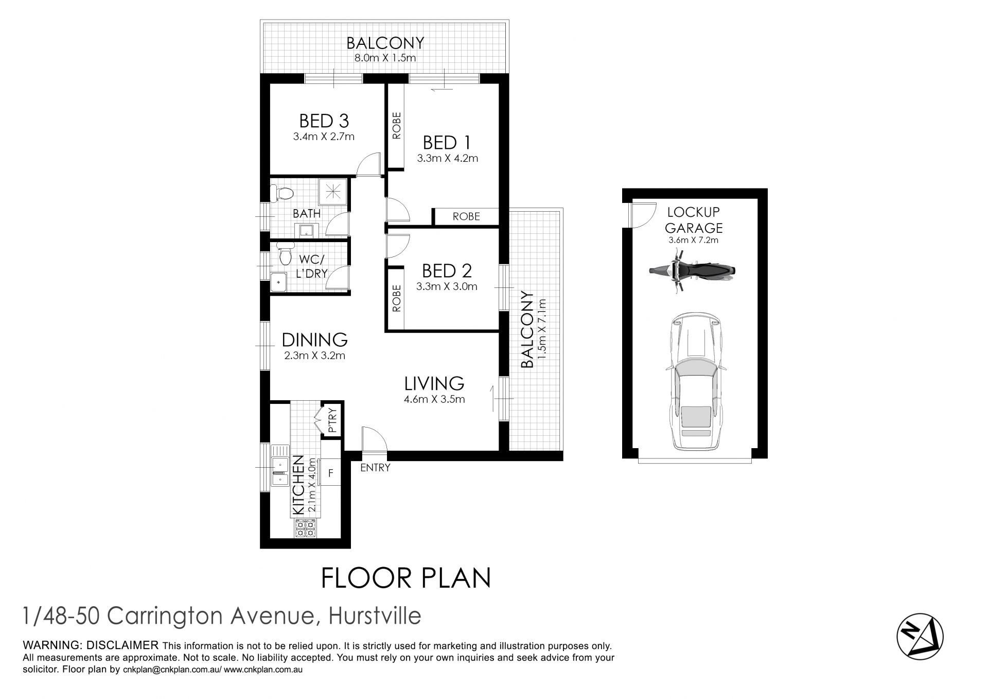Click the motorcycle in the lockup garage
coord(692,271)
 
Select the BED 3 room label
coord(324,121)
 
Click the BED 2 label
coord(447,271)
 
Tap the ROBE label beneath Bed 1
coord(466,216)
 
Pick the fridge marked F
coord(330,472)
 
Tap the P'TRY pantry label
coord(332,420)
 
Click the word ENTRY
coord(375,468)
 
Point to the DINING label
coord(315,340)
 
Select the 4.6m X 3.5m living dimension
coord(435,399)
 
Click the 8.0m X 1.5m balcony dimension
coord(385,58)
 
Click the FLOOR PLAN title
coord(406,578)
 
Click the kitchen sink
coord(280,472)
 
